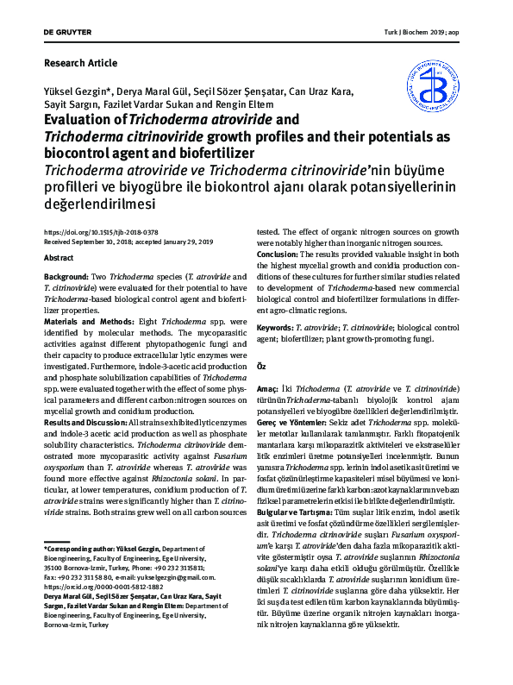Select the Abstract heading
[x=58, y=258]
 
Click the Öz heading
[x=263, y=367]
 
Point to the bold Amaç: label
[x=272, y=390]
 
